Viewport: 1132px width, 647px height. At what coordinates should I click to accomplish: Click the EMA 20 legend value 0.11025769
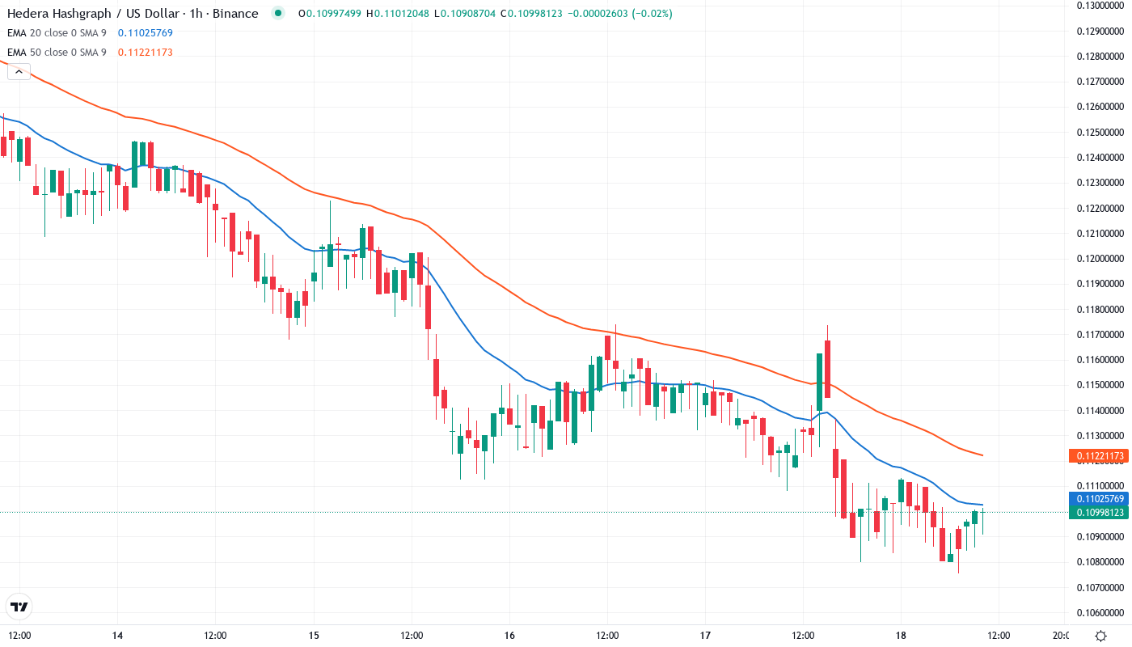point(145,33)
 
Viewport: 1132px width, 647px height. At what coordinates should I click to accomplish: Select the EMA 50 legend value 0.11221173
point(145,53)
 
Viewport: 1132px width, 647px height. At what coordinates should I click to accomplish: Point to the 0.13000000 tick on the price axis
point(1100,6)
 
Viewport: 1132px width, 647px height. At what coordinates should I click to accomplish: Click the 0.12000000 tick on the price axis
point(1100,259)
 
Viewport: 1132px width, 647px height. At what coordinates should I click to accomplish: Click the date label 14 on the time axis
point(118,636)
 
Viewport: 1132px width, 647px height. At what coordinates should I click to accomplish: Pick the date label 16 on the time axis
point(509,636)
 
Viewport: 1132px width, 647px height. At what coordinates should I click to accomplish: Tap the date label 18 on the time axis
point(901,636)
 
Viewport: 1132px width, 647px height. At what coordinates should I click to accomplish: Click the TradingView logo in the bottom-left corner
point(19,607)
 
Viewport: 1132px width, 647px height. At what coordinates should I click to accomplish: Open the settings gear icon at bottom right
point(1100,636)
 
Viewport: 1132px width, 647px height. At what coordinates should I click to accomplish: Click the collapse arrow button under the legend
point(19,72)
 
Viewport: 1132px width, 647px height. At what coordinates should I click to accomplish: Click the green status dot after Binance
point(279,14)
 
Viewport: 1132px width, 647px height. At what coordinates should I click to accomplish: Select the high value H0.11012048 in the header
point(399,14)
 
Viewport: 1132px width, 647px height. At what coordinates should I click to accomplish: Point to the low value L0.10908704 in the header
point(466,14)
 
